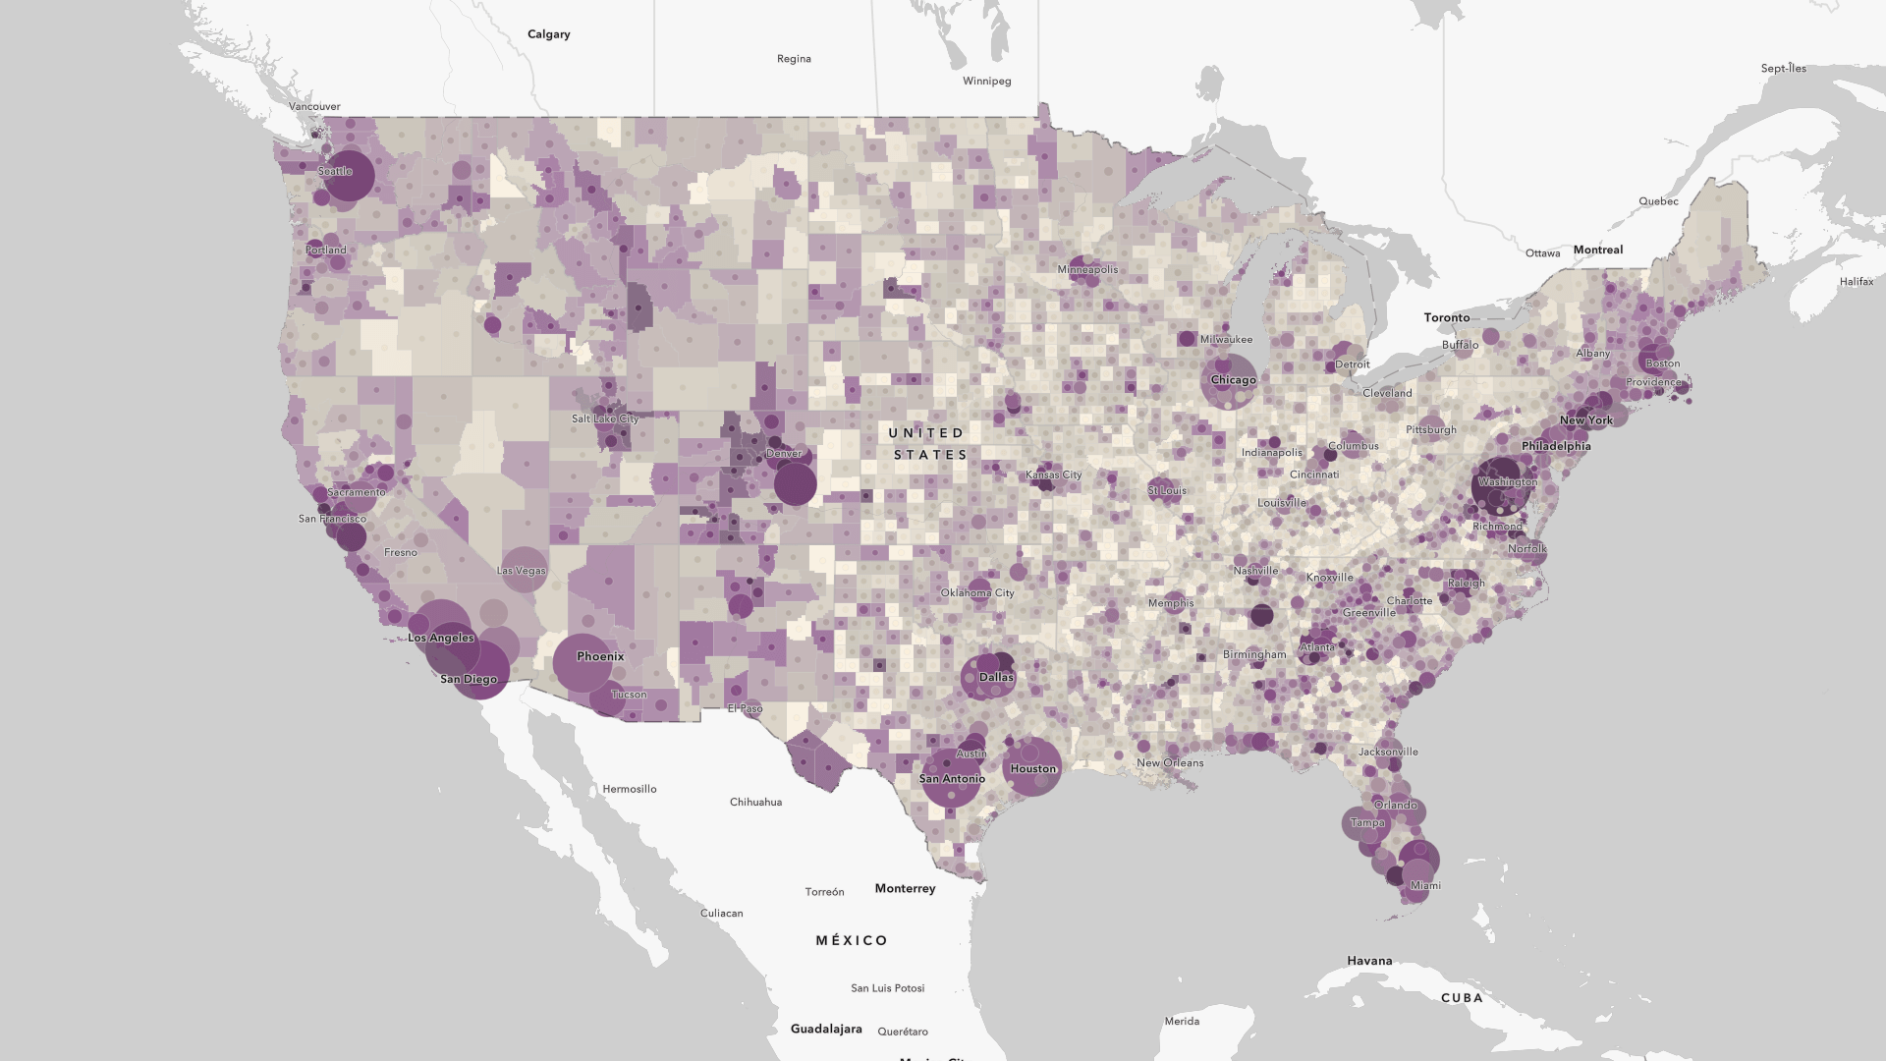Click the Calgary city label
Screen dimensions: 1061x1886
pos(548,34)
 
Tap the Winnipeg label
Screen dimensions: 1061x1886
pos(986,82)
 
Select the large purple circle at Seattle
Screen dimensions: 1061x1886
pos(348,176)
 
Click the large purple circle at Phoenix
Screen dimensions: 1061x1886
pos(582,662)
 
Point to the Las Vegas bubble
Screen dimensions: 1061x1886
pos(524,569)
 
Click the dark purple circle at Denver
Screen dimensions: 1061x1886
pos(795,483)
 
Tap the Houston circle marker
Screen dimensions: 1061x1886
pos(1032,766)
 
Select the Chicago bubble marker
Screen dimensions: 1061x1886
pos(1229,381)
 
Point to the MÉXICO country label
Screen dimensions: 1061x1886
pos(852,940)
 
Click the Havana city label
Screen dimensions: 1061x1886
pos(1369,961)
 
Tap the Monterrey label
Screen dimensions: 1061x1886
pos(905,888)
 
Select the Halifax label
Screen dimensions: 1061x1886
pos(1856,282)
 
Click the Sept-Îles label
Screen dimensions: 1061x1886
pos(1783,69)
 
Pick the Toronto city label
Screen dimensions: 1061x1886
pos(1447,317)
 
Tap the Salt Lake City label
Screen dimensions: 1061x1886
pos(604,419)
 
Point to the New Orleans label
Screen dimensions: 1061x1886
pos(1169,762)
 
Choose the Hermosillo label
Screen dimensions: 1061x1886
pos(629,789)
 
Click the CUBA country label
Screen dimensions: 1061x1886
pos(1462,997)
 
